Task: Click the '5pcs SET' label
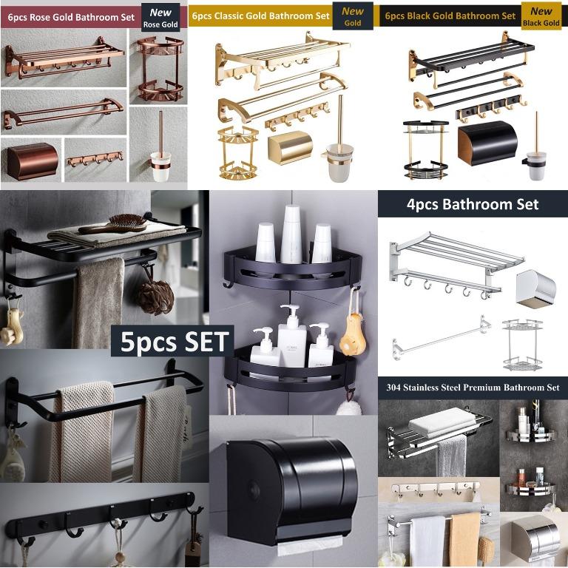coord(172,341)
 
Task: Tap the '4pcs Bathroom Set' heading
coord(473,204)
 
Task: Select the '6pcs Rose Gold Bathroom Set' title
coord(71,18)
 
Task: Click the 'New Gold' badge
coord(353,16)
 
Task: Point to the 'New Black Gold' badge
coord(541,16)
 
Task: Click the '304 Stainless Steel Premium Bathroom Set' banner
coord(473,388)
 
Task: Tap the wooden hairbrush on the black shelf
coord(113,224)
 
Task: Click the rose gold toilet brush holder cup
coord(160,166)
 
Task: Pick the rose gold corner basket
coord(160,68)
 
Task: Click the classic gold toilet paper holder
coord(290,147)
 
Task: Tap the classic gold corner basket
coord(238,153)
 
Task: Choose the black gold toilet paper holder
coord(487,142)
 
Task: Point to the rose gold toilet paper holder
coord(33,161)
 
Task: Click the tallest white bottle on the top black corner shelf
coord(291,234)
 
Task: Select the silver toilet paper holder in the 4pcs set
coord(535,288)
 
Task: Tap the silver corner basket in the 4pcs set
coord(522,345)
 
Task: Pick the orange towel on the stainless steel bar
coord(464,538)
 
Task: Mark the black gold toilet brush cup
coord(537,166)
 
